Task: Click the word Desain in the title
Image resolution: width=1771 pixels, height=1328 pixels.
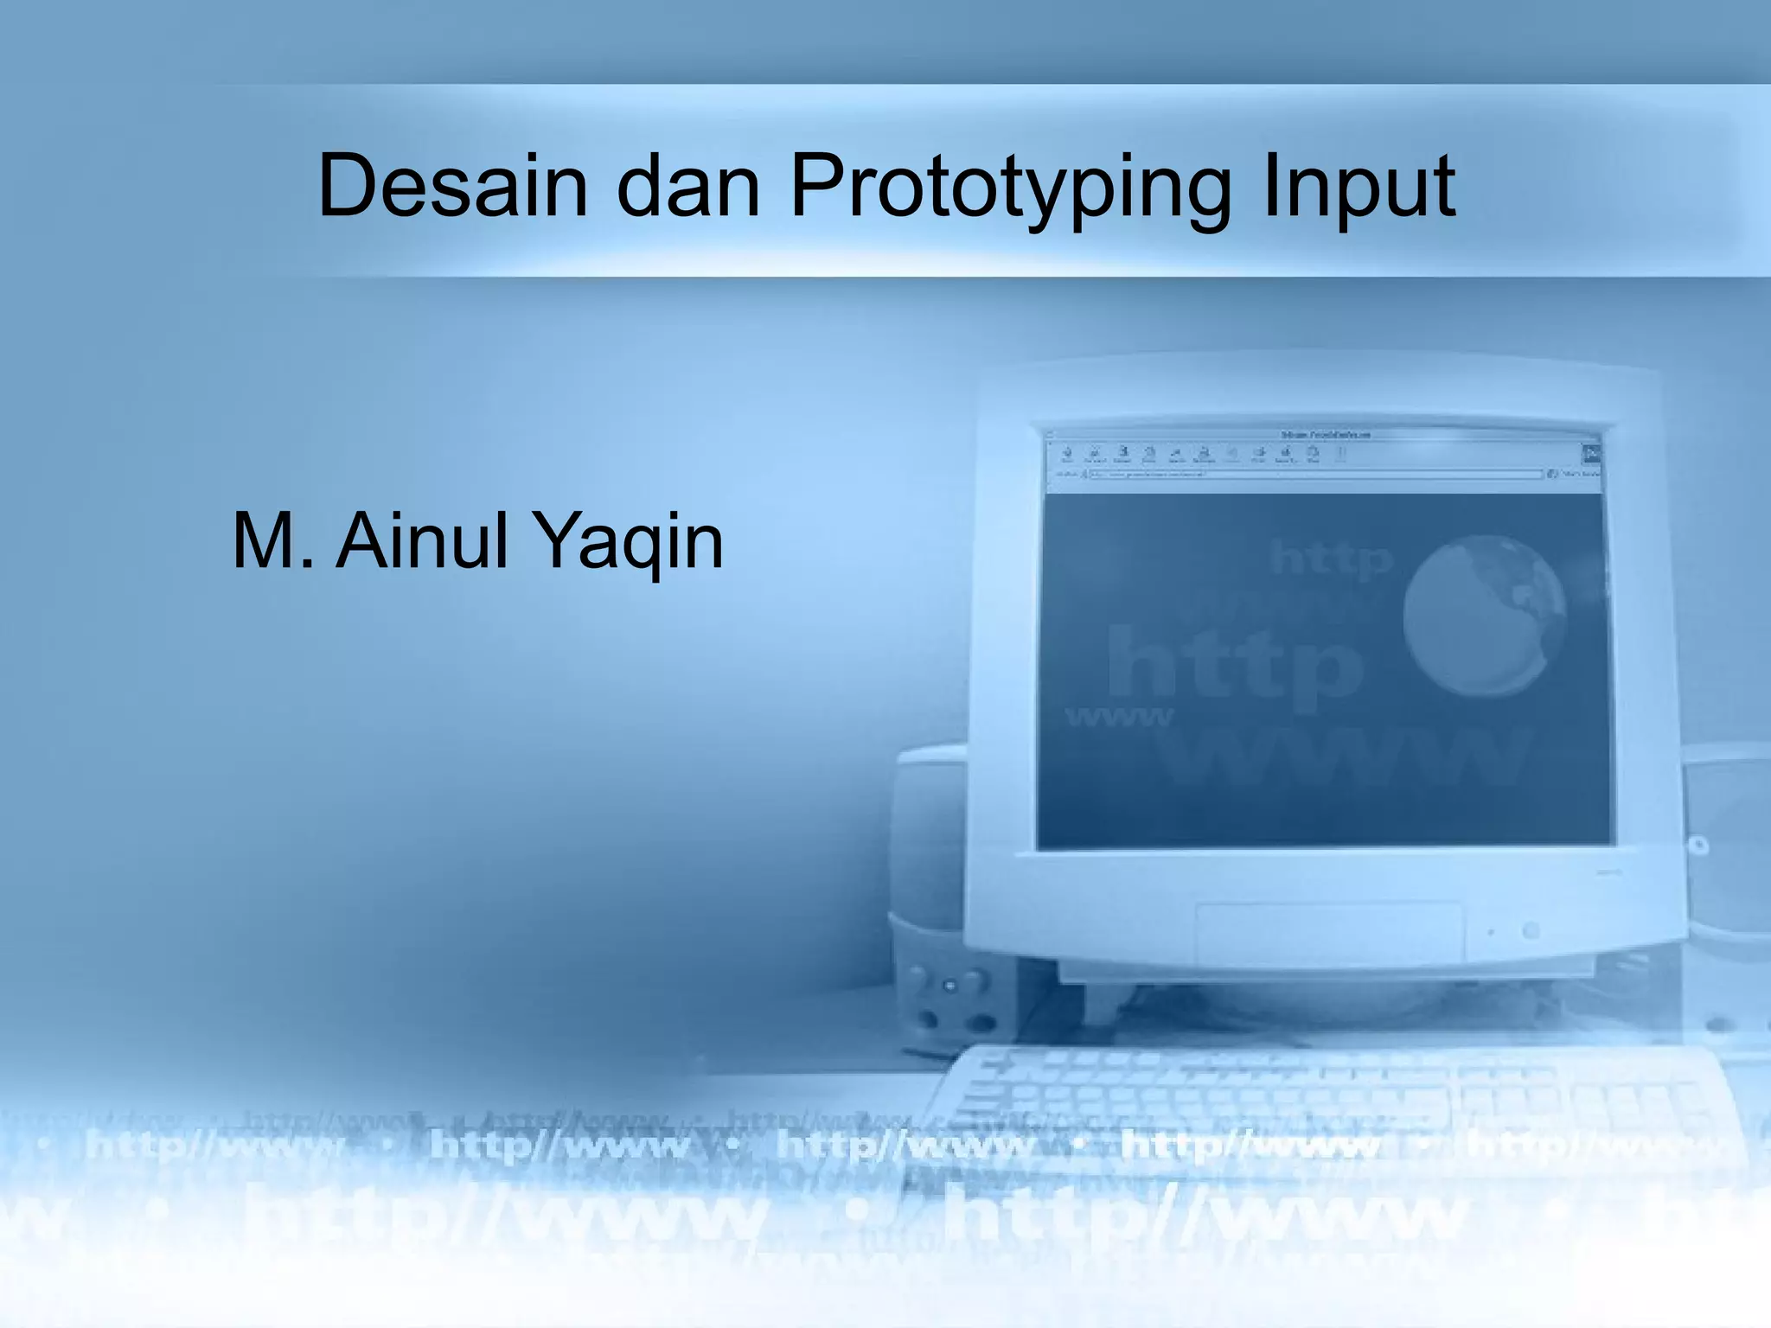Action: [453, 186]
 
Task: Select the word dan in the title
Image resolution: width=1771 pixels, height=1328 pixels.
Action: [688, 186]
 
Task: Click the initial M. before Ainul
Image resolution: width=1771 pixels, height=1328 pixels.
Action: [274, 541]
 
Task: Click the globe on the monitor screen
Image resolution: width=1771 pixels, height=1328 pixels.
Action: [1484, 616]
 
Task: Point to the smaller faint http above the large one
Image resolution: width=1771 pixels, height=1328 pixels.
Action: [1332, 560]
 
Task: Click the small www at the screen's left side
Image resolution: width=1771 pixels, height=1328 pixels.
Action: [1119, 717]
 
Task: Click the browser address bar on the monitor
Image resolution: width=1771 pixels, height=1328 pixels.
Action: [1314, 474]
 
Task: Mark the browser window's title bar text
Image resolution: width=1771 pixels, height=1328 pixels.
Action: [1326, 434]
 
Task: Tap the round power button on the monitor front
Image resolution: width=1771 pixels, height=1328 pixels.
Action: [1531, 931]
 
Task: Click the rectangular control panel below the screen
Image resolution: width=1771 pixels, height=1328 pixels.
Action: [1329, 931]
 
